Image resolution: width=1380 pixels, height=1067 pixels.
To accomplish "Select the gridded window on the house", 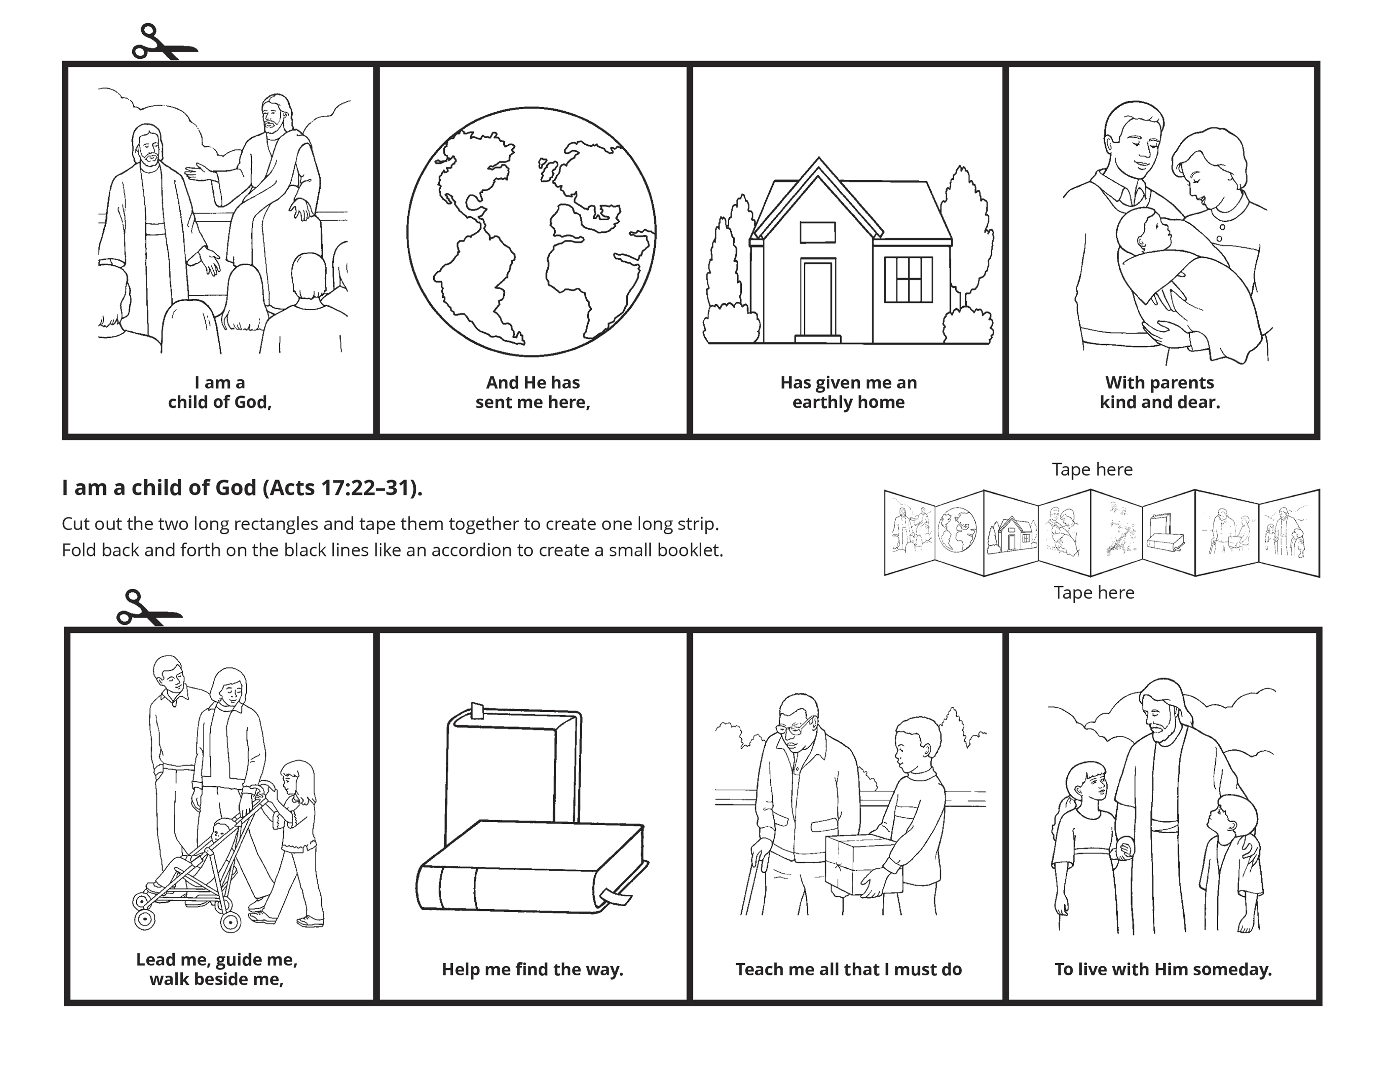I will click(908, 280).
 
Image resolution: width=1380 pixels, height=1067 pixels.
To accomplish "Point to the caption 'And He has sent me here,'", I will click(533, 392).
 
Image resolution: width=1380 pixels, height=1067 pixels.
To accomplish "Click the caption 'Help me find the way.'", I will click(533, 969).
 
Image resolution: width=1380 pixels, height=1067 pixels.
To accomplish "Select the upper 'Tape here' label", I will click(1092, 469).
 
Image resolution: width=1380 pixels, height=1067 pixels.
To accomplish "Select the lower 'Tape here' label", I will click(1094, 592).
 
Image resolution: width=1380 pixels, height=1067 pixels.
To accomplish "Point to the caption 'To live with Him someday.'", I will click(1163, 969).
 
